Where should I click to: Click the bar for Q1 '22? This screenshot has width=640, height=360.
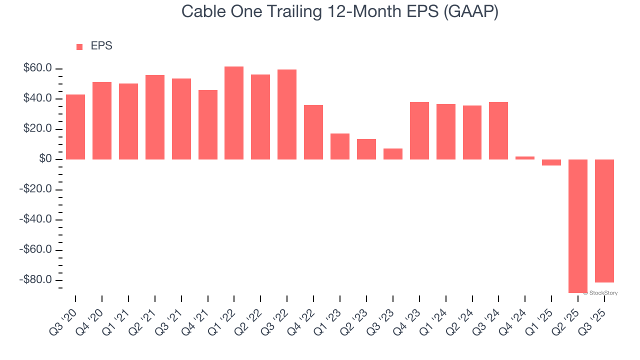234,113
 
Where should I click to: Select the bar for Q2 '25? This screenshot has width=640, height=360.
578,226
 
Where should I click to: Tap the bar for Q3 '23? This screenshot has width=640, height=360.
393,154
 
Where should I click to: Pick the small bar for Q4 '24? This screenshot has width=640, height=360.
525,158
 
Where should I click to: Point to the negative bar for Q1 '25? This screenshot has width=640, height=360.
551,162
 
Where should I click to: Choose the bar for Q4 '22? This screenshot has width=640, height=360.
313,132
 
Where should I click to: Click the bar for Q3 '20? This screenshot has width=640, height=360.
75,127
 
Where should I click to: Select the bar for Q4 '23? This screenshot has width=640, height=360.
419,130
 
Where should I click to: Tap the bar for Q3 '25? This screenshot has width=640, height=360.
604,221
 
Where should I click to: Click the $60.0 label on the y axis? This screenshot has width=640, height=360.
37,68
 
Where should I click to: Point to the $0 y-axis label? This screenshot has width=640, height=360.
46,159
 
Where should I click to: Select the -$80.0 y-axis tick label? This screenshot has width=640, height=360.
35,280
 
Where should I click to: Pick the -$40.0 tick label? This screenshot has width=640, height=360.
35,220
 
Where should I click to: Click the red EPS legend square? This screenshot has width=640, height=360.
79,47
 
